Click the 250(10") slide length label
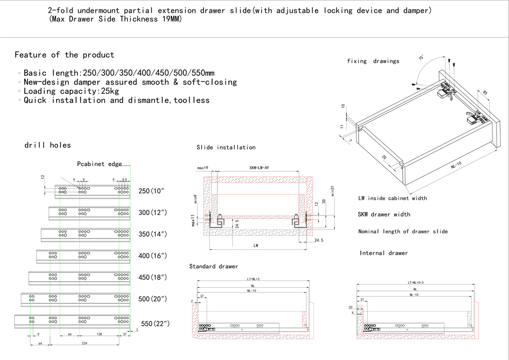(151, 191)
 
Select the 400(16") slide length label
(152, 256)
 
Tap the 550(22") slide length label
(155, 323)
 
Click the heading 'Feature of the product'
(65, 55)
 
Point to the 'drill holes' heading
(48, 145)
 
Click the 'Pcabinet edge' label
(99, 164)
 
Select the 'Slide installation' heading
(226, 147)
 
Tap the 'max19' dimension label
(202, 168)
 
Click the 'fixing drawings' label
(373, 61)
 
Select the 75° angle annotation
(422, 58)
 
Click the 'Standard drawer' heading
(214, 267)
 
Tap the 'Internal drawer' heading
(383, 253)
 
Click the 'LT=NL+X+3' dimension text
(415, 283)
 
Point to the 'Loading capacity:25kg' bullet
(71, 91)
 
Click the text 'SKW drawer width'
(384, 215)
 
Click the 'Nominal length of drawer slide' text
(403, 231)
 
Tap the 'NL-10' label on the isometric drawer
(456, 166)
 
